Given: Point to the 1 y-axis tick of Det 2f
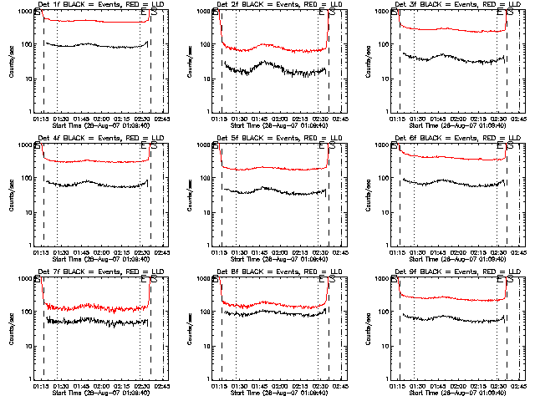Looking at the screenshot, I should click(212, 111).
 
